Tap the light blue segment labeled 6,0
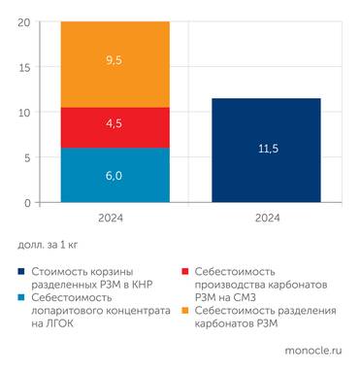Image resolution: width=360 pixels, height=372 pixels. coord(115,175)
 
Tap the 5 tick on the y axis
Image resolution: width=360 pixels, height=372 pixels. coord(26,157)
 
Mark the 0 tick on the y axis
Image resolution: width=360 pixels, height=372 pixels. coord(26,202)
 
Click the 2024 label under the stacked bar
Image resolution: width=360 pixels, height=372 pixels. coord(115,219)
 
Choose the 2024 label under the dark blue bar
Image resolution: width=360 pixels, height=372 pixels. coord(266,219)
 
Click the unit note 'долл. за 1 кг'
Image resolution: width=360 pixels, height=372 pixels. coord(49,245)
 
